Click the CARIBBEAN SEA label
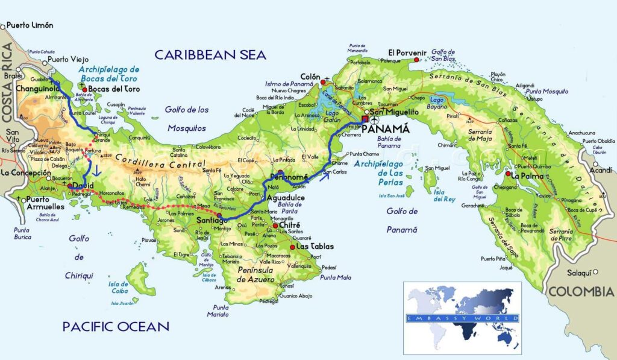[x=210, y=55]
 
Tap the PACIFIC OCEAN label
[x=116, y=327]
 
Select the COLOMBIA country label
[x=580, y=292]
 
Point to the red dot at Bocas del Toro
[x=85, y=90]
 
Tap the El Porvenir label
[x=407, y=52]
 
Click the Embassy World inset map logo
[x=462, y=317]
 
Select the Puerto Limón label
[x=30, y=25]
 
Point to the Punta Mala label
[x=336, y=277]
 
